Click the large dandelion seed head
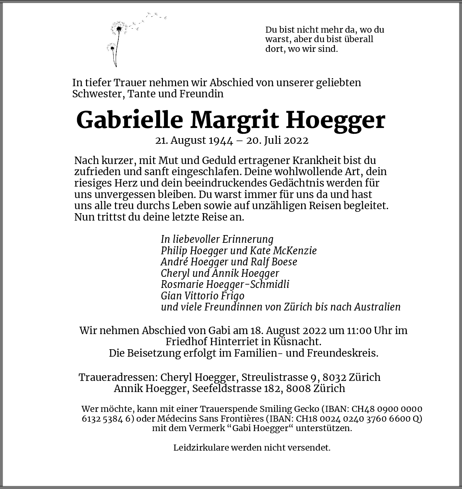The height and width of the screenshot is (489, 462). tap(119, 28)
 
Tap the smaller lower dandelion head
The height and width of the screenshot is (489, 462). tap(112, 47)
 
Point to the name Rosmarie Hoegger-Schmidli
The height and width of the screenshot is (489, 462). tap(225, 284)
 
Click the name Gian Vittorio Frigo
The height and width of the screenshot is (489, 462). tap(202, 296)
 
